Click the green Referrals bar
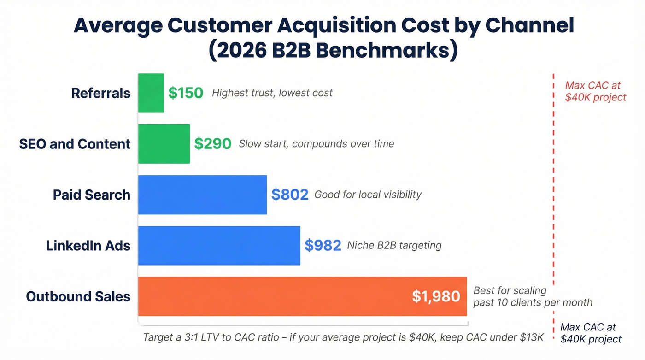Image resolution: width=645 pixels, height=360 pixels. pyautogui.click(x=151, y=93)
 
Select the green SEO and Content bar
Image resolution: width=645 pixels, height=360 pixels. pyautogui.click(x=164, y=144)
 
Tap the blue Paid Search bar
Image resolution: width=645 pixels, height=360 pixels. pyautogui.click(x=202, y=195)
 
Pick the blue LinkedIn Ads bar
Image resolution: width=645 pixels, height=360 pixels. pyautogui.click(x=219, y=245)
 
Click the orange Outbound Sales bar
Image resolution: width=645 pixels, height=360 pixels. pyautogui.click(x=276, y=296)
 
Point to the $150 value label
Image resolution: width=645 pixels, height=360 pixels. pyautogui.click(x=185, y=93)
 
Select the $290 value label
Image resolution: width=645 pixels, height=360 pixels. pyautogui.click(x=212, y=144)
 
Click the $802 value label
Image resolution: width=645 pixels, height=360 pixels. pyautogui.click(x=289, y=195)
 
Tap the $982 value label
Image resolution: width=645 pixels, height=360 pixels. pyautogui.click(x=322, y=245)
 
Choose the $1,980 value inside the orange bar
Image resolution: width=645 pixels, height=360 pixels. pyautogui.click(x=436, y=296)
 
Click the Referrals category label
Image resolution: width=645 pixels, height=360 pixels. pyautogui.click(x=101, y=93)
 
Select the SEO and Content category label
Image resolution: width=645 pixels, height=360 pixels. pyautogui.click(x=75, y=144)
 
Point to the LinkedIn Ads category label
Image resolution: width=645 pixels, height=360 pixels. pyautogui.click(x=88, y=245)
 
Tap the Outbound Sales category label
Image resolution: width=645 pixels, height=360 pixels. pyautogui.click(x=78, y=296)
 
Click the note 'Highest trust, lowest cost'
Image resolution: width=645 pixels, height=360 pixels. pyautogui.click(x=272, y=93)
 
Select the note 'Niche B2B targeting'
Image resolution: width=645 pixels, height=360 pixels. pyautogui.click(x=394, y=245)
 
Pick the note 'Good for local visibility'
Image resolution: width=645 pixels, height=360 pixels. pyautogui.click(x=368, y=195)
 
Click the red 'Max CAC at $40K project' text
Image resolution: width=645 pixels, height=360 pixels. pyautogui.click(x=595, y=91)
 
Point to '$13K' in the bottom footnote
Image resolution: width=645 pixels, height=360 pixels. pyautogui.click(x=532, y=337)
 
